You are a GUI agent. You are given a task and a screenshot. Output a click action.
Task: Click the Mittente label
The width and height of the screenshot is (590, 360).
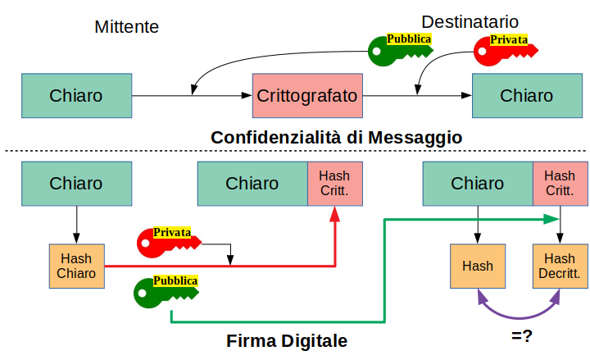click(126, 27)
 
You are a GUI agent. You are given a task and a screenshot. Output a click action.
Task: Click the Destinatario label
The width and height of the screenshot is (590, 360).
click(470, 21)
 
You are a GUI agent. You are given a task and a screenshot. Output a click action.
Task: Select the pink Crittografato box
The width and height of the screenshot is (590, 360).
click(307, 95)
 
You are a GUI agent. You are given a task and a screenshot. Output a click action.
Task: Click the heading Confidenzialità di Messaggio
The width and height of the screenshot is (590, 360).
click(336, 138)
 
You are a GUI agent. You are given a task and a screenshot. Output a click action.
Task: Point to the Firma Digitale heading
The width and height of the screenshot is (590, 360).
click(287, 340)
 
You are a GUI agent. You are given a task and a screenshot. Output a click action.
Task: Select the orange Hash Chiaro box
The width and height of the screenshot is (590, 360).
click(76, 266)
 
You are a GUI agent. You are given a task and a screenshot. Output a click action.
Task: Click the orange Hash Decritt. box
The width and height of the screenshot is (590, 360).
click(560, 266)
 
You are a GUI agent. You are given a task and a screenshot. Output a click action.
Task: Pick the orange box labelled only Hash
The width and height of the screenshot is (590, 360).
click(478, 266)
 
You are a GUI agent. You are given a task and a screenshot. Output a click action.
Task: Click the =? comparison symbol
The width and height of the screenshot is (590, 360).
click(522, 335)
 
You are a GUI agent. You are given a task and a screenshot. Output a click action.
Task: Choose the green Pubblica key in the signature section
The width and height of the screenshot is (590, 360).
click(164, 290)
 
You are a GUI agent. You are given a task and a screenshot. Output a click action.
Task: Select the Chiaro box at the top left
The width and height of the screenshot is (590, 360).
click(76, 95)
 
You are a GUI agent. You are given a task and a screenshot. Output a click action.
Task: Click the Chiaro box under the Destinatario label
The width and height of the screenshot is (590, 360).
click(526, 95)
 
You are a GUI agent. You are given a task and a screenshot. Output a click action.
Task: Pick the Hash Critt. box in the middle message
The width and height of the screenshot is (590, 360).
click(334, 183)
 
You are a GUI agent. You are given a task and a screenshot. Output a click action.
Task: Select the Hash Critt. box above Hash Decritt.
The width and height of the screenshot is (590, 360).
click(560, 183)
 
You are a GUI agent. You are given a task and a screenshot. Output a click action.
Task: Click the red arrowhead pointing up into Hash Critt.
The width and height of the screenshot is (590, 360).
click(334, 214)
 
